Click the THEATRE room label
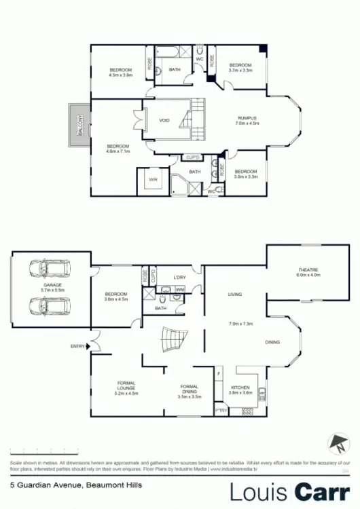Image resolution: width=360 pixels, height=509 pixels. point(307,270)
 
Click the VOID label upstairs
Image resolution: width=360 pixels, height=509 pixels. point(164,120)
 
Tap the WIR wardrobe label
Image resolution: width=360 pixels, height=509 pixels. point(153,181)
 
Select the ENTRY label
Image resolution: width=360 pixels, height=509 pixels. point(78,346)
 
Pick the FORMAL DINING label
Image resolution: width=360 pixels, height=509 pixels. point(189,388)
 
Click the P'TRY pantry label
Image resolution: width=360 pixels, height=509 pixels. point(220,410)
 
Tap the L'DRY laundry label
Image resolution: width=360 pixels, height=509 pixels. point(179,277)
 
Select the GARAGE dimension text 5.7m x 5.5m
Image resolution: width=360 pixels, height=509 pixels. point(51,290)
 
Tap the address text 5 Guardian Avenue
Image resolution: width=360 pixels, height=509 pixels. point(41,485)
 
